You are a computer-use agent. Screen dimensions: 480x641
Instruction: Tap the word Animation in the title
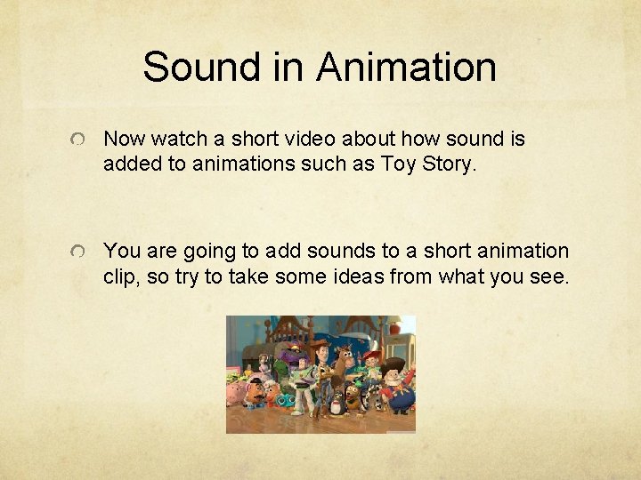pos(407,67)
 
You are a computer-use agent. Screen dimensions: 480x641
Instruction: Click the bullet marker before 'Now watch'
pos(79,141)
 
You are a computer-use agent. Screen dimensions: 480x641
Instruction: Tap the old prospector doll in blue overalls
pos(399,387)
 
